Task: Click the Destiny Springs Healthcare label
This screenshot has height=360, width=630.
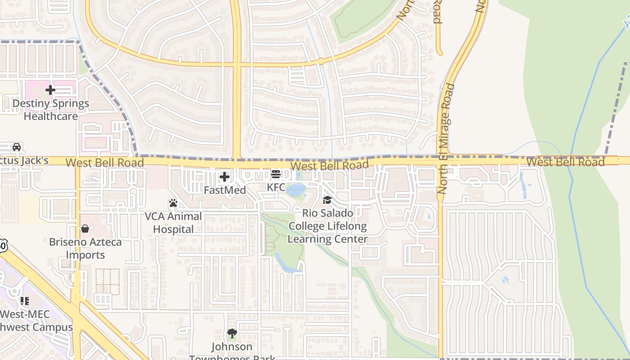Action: [50, 110]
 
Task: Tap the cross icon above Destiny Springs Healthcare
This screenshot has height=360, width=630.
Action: [50, 90]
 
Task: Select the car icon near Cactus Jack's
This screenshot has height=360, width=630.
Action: [17, 147]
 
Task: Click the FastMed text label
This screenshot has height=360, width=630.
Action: [225, 190]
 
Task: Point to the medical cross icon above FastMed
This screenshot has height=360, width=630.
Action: [224, 177]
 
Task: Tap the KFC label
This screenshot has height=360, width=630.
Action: [276, 187]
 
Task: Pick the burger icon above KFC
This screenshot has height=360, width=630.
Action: [276, 174]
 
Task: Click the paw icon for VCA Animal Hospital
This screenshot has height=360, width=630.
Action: [173, 203]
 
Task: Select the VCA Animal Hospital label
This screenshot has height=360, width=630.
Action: [173, 223]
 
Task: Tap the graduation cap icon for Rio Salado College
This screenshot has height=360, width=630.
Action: [327, 200]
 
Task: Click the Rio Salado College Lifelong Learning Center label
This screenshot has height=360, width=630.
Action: [328, 226]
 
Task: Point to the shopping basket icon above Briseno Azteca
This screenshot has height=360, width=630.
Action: [85, 229]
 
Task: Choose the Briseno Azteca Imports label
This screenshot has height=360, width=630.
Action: [85, 248]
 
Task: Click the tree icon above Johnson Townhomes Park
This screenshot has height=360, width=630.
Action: [232, 333]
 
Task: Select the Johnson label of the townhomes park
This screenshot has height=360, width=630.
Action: [232, 346]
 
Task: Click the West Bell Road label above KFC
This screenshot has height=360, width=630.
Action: [329, 166]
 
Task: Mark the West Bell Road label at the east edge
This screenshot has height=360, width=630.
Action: [565, 162]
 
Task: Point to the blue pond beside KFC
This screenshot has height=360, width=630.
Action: [295, 190]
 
